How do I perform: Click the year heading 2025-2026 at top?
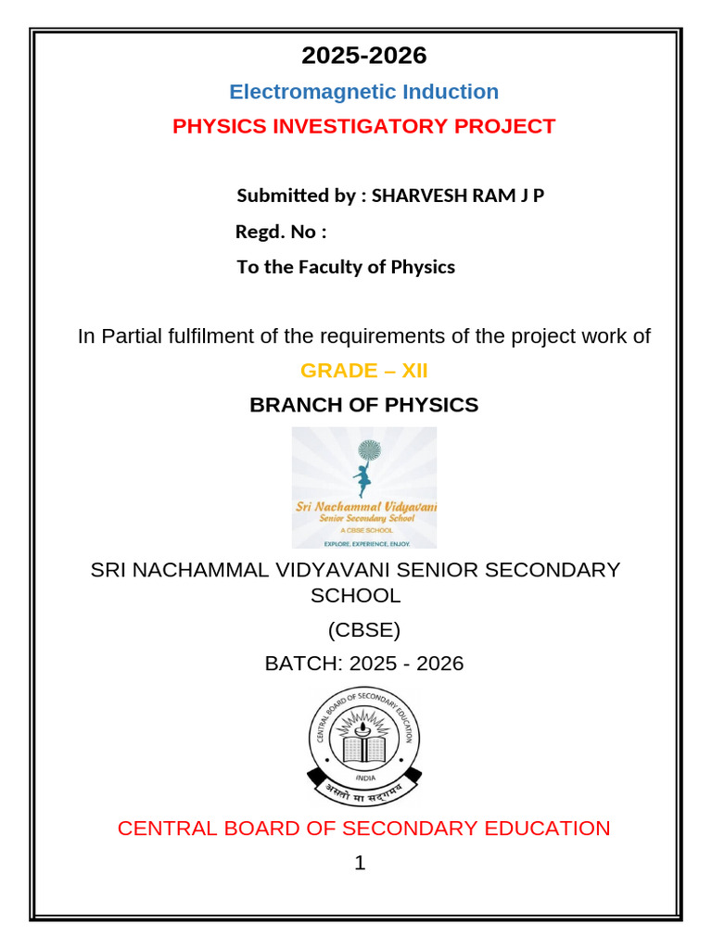click(363, 56)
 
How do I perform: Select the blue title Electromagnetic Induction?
click(363, 92)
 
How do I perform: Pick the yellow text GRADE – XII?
click(363, 372)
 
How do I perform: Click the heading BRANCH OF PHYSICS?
click(363, 405)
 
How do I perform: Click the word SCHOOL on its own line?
click(355, 596)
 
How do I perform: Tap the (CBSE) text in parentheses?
click(363, 631)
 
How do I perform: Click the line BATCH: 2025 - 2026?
click(363, 664)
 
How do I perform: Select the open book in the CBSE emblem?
click(363, 747)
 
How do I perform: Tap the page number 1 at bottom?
click(360, 864)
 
